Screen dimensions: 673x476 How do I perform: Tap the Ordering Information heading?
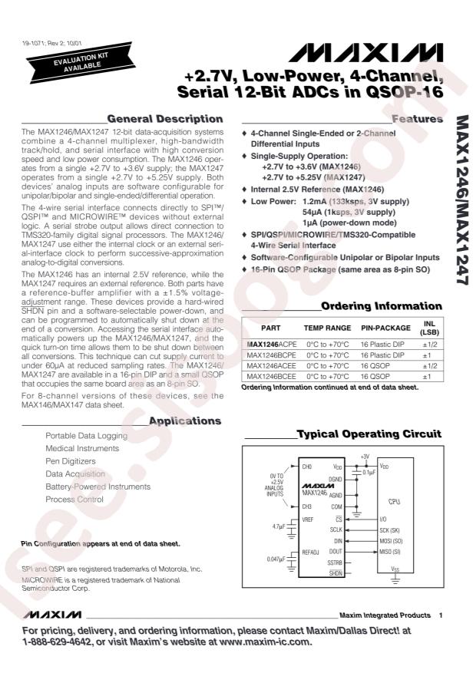click(381, 305)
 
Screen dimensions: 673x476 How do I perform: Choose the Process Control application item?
click(74, 498)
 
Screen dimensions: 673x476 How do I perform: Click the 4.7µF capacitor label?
click(257, 527)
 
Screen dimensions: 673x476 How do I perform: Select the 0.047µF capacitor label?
click(256, 559)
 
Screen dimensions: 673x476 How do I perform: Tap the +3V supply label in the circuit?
click(365, 456)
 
